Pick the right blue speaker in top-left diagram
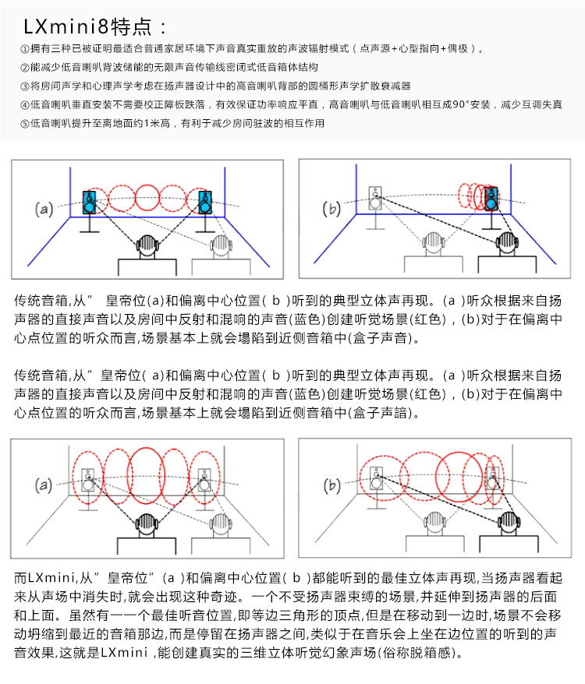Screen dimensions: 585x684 [205, 201]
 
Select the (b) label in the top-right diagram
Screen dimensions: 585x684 [332, 209]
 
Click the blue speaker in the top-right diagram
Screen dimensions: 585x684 [491, 199]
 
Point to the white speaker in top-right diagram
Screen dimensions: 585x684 [376, 197]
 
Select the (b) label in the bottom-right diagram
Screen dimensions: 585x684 [332, 485]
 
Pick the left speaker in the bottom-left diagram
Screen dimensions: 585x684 [90, 478]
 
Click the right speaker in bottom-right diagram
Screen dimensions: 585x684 [491, 477]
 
